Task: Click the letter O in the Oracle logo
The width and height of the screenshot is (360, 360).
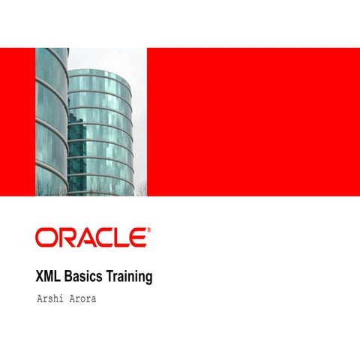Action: (x=46, y=238)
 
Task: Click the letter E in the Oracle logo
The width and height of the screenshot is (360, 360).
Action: (x=137, y=238)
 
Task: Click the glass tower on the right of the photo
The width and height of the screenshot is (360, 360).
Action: (x=100, y=131)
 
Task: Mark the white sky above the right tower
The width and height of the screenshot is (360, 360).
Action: (x=112, y=58)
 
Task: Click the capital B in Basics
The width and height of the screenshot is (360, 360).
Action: (x=70, y=277)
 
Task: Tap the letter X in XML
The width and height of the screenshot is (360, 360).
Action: (x=40, y=277)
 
